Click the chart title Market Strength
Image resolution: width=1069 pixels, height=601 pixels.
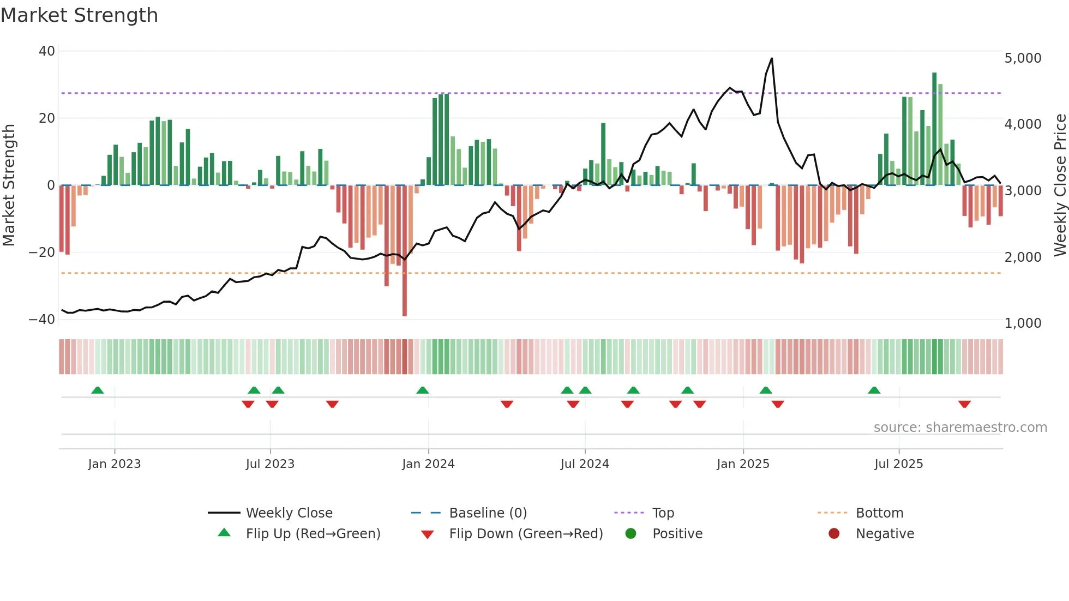click(79, 15)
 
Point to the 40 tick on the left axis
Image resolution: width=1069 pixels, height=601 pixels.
click(47, 51)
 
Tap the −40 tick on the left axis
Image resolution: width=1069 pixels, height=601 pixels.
click(42, 320)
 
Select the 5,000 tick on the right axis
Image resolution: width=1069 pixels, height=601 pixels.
click(1023, 58)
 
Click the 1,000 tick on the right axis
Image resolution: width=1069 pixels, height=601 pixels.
click(1023, 323)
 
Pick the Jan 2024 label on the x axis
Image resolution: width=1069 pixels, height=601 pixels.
click(428, 464)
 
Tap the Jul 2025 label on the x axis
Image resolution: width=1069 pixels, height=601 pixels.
click(898, 464)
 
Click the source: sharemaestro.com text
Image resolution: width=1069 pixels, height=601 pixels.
click(960, 428)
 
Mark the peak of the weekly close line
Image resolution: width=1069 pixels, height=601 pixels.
click(771, 58)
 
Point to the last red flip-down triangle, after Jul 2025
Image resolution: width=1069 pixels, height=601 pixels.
click(964, 404)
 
